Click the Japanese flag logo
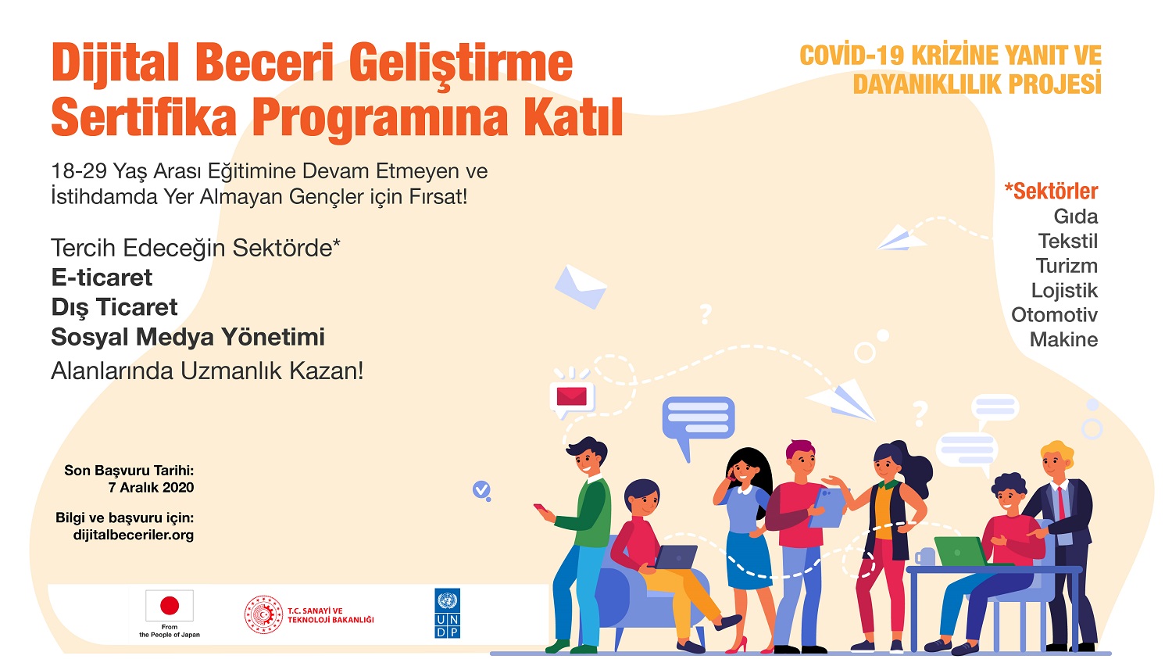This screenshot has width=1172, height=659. [170, 606]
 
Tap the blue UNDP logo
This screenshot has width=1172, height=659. [448, 613]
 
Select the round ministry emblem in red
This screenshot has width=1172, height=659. [264, 614]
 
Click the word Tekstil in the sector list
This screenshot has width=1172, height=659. [1068, 241]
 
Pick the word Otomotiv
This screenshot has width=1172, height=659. [1054, 314]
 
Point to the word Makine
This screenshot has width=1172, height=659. [1063, 339]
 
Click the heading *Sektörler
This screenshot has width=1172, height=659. [1051, 191]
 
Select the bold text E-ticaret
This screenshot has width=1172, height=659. [102, 278]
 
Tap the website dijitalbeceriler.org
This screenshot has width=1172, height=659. [134, 535]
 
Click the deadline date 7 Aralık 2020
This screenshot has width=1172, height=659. [151, 487]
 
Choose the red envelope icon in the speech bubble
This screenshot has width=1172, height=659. [571, 396]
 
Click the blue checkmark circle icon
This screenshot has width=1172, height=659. [481, 490]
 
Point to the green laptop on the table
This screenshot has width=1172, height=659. [962, 551]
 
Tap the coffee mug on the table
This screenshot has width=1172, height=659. [924, 557]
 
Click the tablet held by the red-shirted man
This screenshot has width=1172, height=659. [827, 507]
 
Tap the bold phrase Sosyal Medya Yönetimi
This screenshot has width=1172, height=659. [188, 337]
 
